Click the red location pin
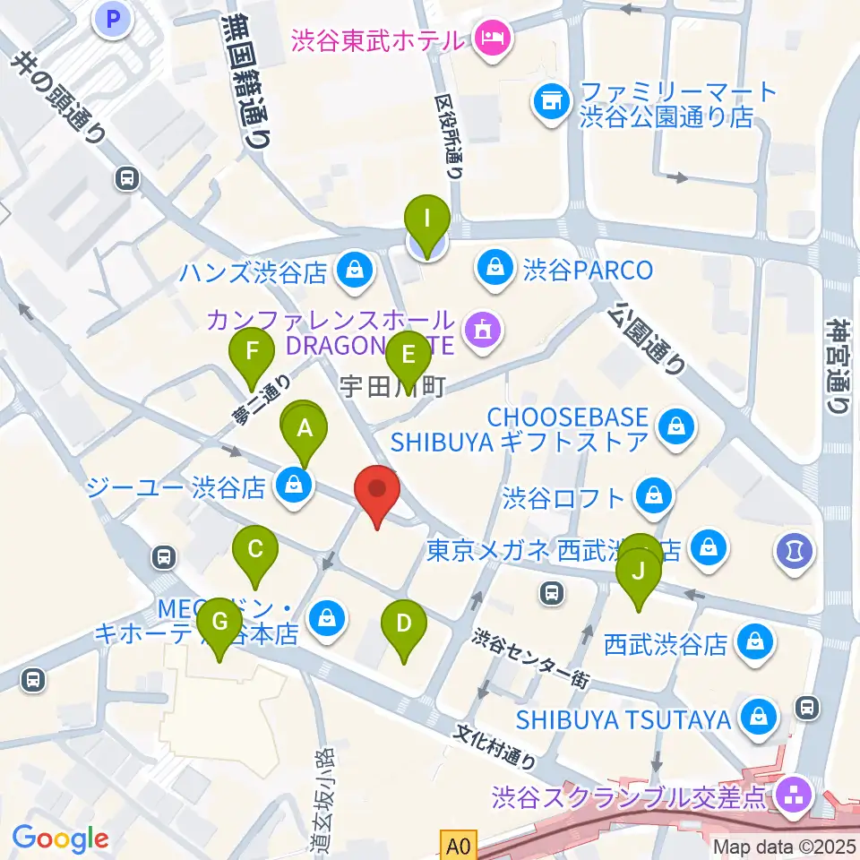(x=376, y=492)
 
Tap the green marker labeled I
(x=426, y=219)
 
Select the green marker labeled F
(x=252, y=351)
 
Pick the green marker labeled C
(x=255, y=549)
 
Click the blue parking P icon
(x=114, y=19)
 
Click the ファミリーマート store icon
(x=549, y=101)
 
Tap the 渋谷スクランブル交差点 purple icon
(x=793, y=792)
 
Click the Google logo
(x=61, y=838)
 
